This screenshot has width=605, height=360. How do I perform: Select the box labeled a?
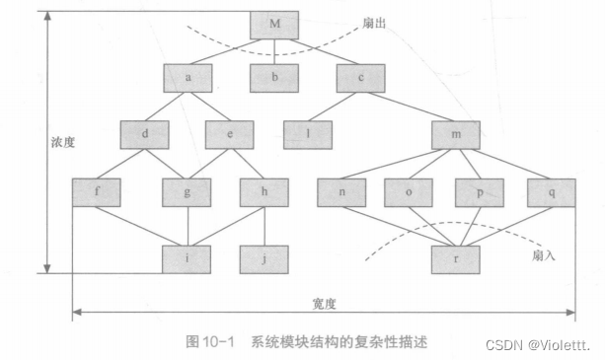[189, 76]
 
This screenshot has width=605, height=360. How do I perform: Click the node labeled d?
[146, 133]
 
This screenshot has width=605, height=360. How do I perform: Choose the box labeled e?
[230, 133]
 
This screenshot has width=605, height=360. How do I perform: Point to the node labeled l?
[308, 133]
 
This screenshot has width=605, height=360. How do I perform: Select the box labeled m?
[455, 134]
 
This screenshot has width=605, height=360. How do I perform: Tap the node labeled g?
[189, 191]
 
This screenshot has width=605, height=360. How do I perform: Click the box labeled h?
[264, 191]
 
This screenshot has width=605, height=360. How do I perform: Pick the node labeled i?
[189, 258]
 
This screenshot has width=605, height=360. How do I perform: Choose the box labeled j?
[264, 258]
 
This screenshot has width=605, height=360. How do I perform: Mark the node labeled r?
[455, 258]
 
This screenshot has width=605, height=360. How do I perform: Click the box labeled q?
[551, 191]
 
